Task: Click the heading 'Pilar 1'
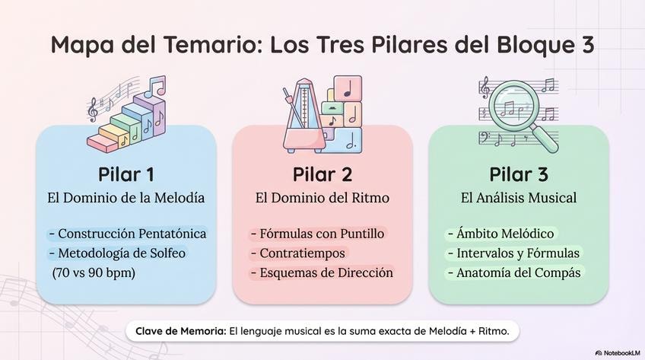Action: pyautogui.click(x=126, y=174)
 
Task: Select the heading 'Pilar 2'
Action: pyautogui.click(x=322, y=174)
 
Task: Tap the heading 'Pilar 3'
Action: pyautogui.click(x=518, y=174)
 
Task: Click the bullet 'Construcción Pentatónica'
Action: pyautogui.click(x=127, y=234)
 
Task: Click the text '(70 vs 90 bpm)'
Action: pyautogui.click(x=89, y=272)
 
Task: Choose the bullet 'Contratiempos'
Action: pyautogui.click(x=297, y=253)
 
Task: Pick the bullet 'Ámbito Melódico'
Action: pyautogui.click(x=501, y=234)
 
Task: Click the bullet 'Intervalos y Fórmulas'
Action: pyautogui.click(x=513, y=253)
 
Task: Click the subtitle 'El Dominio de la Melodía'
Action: pyautogui.click(x=126, y=198)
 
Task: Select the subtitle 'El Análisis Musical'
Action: pyautogui.click(x=518, y=198)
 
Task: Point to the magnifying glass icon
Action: pyautogui.click(x=521, y=110)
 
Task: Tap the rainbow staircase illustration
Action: pyautogui.click(x=126, y=118)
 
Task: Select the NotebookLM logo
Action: pyautogui.click(x=616, y=352)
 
